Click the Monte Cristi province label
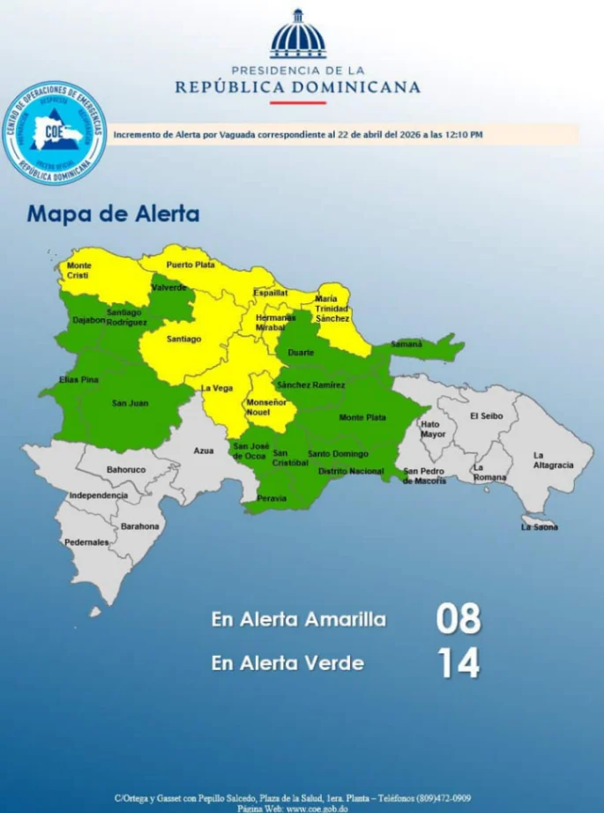pyautogui.click(x=78, y=270)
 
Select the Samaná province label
pyautogui.click(x=406, y=344)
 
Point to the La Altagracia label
pyautogui.click(x=553, y=460)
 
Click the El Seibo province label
pyautogui.click(x=486, y=416)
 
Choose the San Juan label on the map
pyautogui.click(x=130, y=403)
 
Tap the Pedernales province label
pyautogui.click(x=86, y=541)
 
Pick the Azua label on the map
pyautogui.click(x=204, y=451)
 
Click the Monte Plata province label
pyautogui.click(x=362, y=417)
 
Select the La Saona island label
pyautogui.click(x=539, y=527)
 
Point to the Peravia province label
pyautogui.click(x=271, y=498)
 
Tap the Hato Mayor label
pyautogui.click(x=433, y=429)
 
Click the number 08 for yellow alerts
pyautogui.click(x=459, y=619)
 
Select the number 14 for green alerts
pyautogui.click(x=459, y=663)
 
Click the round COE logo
pyautogui.click(x=54, y=133)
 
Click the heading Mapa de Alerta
pyautogui.click(x=113, y=213)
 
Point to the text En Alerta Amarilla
pyautogui.click(x=299, y=619)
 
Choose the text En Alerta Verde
pyautogui.click(x=287, y=663)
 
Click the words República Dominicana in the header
pyautogui.click(x=297, y=87)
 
